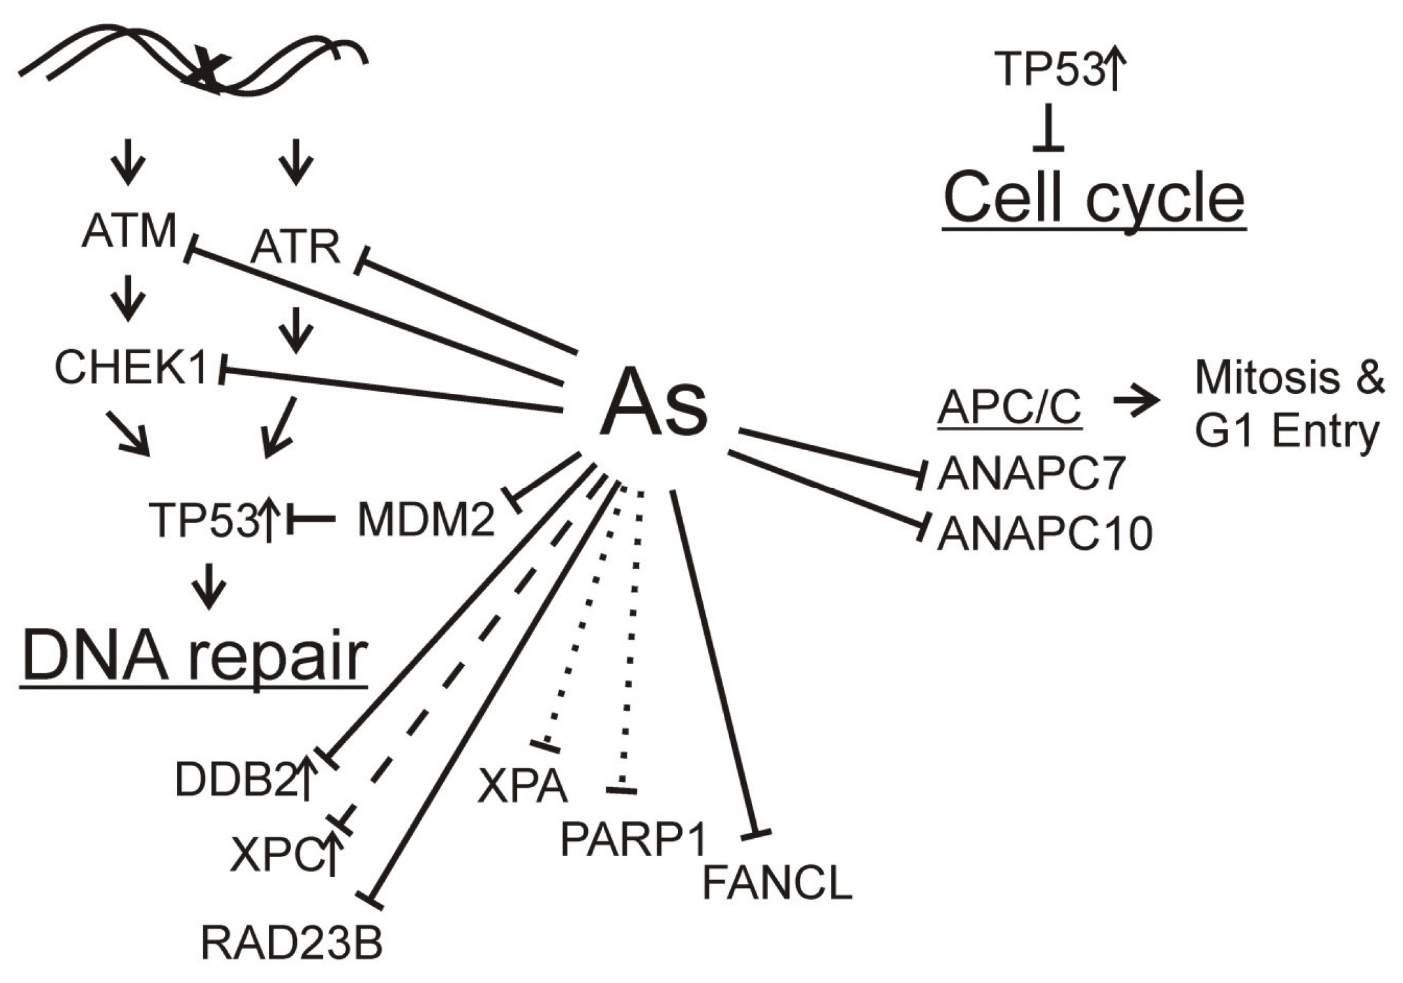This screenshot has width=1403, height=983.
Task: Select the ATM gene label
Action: (129, 231)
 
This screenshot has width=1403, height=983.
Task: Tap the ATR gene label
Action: (295, 248)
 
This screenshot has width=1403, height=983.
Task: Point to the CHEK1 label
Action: (131, 368)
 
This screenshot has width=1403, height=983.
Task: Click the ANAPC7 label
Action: (1031, 474)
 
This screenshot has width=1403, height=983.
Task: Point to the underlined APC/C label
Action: (1009, 408)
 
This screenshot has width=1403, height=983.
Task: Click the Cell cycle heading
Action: (1094, 199)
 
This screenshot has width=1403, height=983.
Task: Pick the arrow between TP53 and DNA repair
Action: (209, 585)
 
